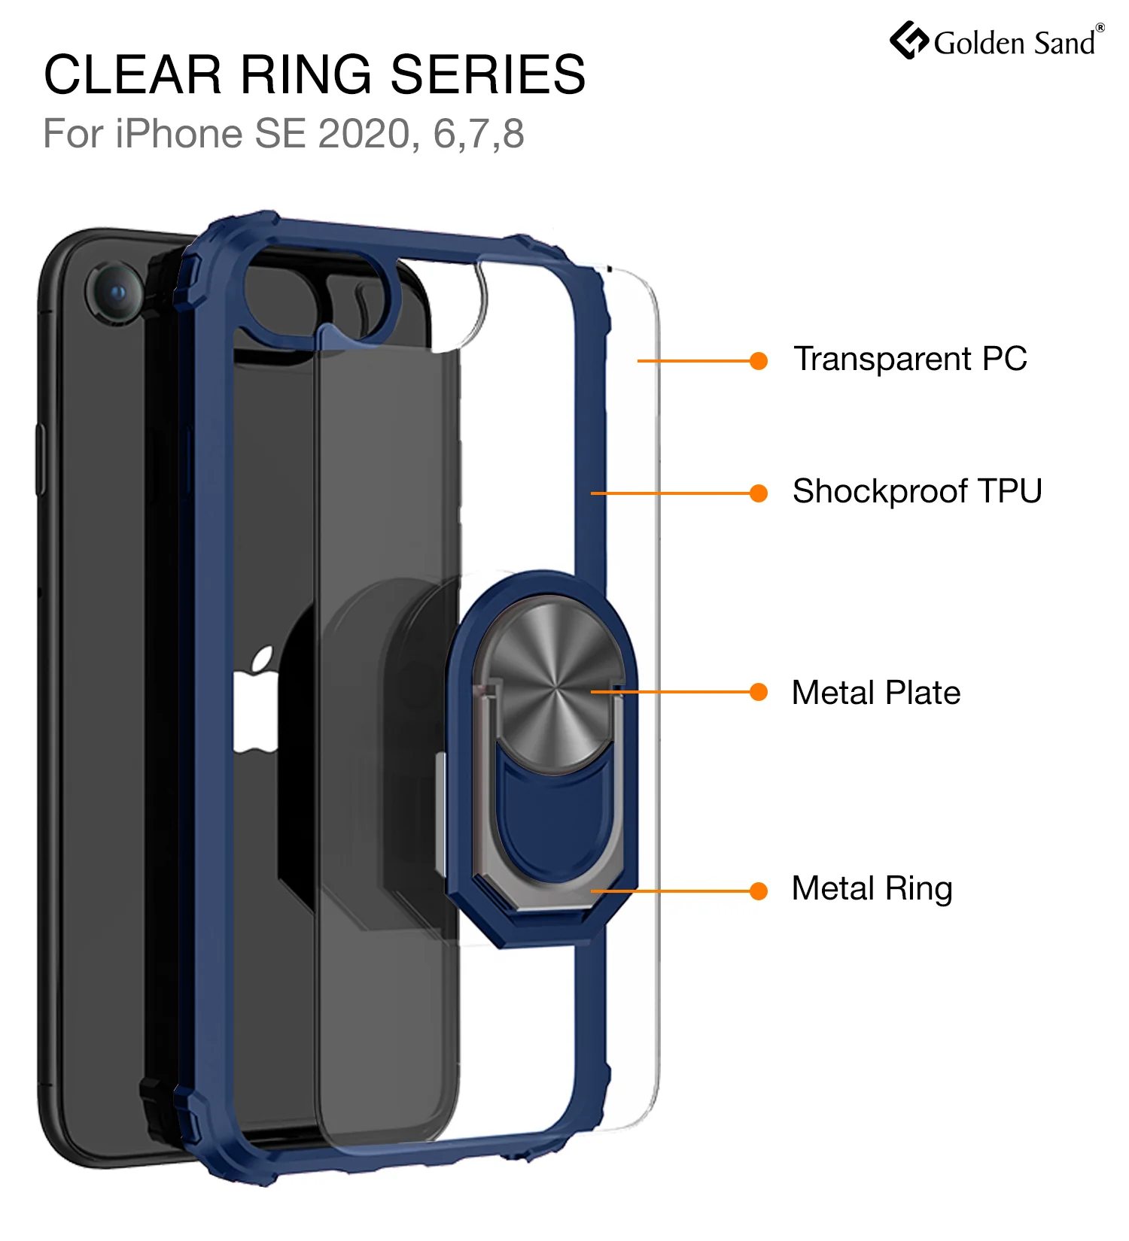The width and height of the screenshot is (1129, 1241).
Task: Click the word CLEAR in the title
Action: point(133,74)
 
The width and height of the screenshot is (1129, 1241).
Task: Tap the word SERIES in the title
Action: point(488,74)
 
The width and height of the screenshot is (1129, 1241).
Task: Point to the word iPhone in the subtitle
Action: point(179,134)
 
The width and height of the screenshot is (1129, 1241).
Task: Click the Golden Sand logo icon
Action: point(908,40)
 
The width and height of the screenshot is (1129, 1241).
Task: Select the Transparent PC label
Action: point(910,360)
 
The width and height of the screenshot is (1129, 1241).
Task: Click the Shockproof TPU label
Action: point(917,492)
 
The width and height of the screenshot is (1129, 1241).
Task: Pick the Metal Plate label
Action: point(876,693)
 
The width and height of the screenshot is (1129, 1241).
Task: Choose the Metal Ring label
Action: point(872,889)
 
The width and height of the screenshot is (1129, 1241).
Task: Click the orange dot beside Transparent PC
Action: point(759,361)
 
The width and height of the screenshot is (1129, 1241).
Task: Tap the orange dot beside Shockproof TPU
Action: point(759,493)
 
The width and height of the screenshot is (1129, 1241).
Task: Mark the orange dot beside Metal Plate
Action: point(759,692)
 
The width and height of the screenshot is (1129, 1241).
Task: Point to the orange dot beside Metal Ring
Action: point(759,891)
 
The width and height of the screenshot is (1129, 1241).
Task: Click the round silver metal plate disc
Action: point(552,684)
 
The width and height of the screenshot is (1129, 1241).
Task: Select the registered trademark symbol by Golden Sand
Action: point(1100,28)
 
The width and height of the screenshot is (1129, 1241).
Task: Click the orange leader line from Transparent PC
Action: point(694,361)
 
